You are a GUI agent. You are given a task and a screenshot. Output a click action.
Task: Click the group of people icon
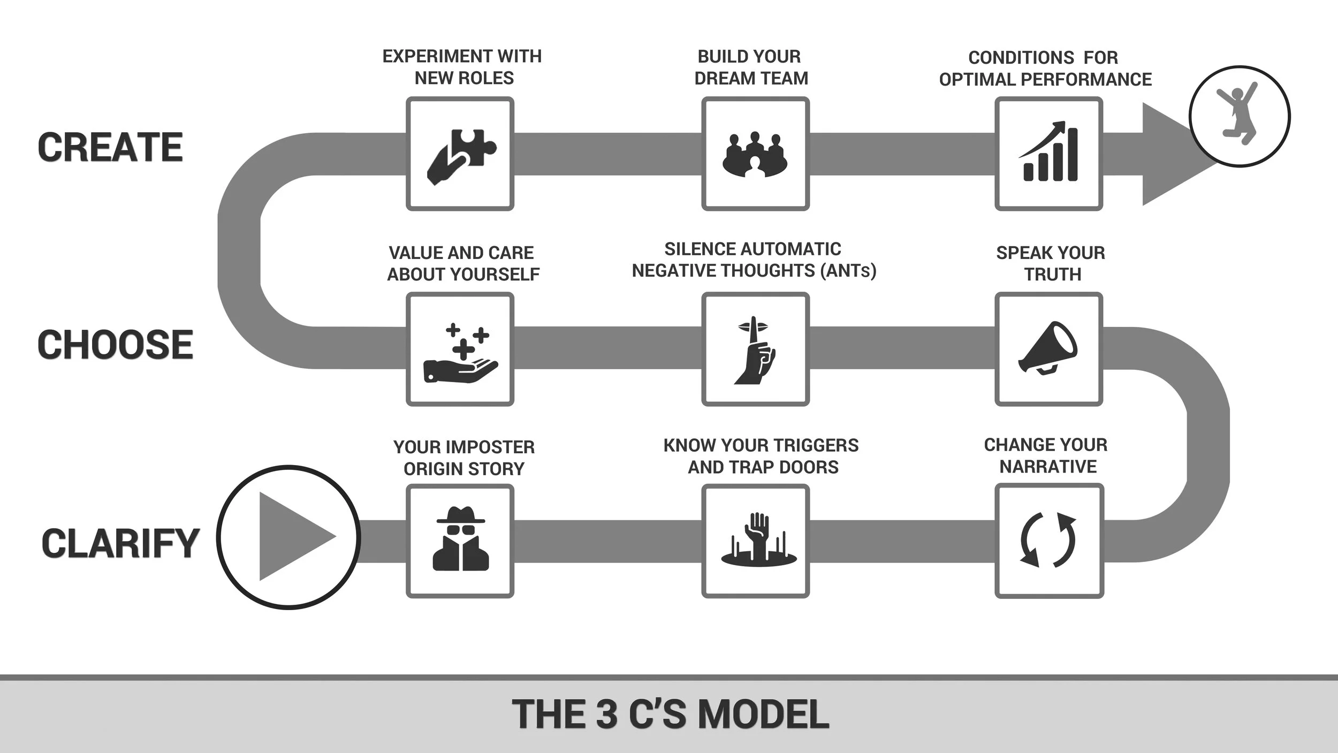click(755, 155)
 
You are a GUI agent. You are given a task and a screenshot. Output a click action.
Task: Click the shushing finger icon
click(755, 350)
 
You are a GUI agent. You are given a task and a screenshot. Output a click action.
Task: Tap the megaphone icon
click(1048, 348)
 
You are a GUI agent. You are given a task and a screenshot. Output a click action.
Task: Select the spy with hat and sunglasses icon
click(461, 538)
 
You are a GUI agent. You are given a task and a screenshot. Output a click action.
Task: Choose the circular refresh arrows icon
click(1048, 539)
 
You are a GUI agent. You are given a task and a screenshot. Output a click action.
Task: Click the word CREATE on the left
click(110, 147)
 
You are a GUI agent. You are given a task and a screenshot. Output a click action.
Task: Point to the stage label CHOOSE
click(115, 344)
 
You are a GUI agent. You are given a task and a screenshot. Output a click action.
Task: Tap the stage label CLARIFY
click(120, 543)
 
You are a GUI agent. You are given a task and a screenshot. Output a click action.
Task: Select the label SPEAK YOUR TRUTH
click(1051, 263)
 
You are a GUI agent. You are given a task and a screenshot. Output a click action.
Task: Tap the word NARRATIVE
click(1048, 467)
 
